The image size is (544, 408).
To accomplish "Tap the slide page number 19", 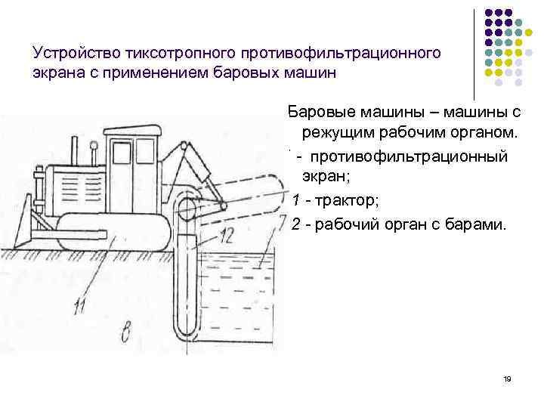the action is point(507,378).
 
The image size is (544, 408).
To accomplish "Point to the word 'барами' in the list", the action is point(482,224).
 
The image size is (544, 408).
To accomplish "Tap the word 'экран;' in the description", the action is point(326,178).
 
